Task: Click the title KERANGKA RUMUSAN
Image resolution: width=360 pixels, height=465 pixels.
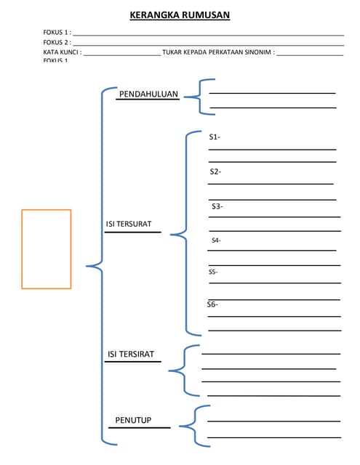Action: (x=179, y=15)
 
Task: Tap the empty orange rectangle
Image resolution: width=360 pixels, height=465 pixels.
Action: (x=46, y=249)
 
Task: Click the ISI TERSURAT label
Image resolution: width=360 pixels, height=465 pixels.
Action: (x=129, y=224)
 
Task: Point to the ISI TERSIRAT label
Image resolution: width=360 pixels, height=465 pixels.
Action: (x=131, y=354)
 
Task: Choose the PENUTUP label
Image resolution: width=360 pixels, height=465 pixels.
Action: (x=133, y=420)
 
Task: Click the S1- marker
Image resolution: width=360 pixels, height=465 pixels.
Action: (x=215, y=137)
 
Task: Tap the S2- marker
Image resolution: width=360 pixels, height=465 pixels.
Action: (x=215, y=171)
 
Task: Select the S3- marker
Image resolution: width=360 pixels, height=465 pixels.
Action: (x=217, y=206)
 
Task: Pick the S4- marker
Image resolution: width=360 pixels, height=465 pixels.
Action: (x=216, y=240)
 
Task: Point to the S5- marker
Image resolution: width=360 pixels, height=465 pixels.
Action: (x=213, y=272)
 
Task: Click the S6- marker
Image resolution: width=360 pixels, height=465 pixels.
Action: (x=212, y=304)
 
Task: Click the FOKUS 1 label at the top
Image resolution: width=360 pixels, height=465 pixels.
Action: (x=56, y=33)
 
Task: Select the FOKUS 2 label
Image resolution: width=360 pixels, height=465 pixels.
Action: (x=56, y=43)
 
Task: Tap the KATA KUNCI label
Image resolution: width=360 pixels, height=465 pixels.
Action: (x=62, y=52)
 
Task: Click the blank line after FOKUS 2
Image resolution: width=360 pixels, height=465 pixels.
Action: (x=207, y=44)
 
